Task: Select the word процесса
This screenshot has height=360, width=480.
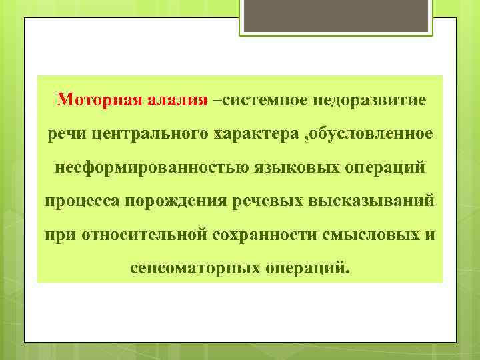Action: click(79, 201)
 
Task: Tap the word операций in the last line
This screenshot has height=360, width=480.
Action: click(307, 268)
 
